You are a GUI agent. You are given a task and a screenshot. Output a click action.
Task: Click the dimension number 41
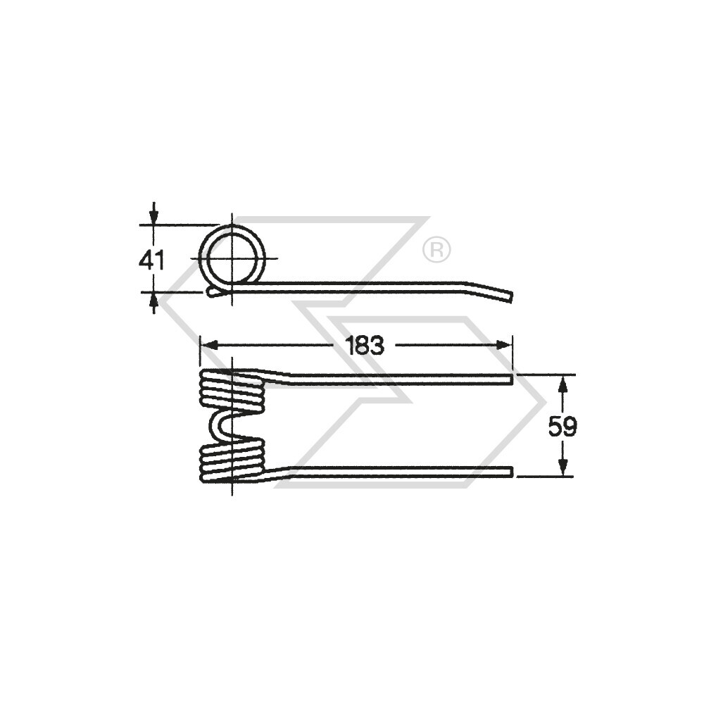pyautogui.click(x=152, y=260)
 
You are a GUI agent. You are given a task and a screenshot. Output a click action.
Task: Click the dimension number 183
pyautogui.click(x=365, y=345)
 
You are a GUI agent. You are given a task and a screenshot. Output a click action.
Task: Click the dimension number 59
pyautogui.click(x=562, y=427)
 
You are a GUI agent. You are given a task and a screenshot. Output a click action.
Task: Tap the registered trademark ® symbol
pyautogui.click(x=436, y=250)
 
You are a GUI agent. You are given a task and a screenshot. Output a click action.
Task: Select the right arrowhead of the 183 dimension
pyautogui.click(x=503, y=345)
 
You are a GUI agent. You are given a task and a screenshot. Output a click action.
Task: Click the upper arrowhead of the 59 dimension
pyautogui.click(x=562, y=384)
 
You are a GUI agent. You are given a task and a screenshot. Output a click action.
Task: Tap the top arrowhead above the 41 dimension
pyautogui.click(x=153, y=214)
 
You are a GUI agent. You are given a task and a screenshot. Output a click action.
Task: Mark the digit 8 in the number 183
pyautogui.click(x=365, y=345)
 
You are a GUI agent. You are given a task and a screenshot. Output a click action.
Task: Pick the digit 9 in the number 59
pyautogui.click(x=570, y=427)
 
